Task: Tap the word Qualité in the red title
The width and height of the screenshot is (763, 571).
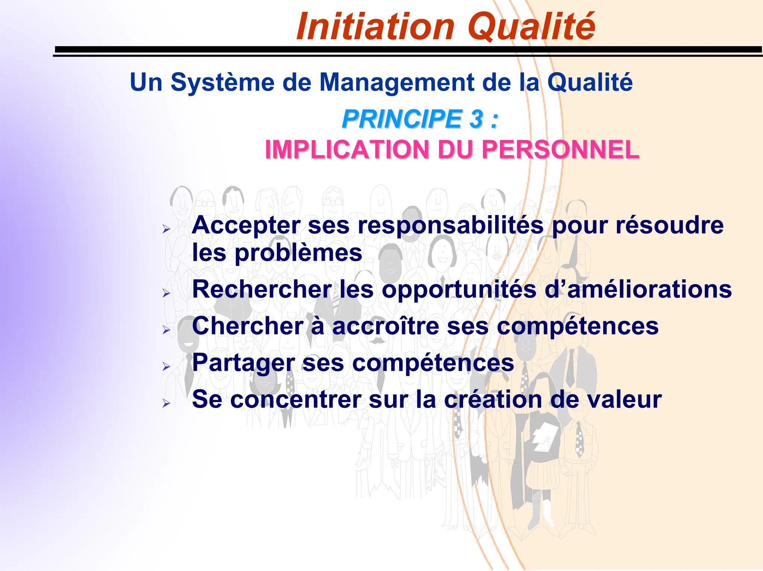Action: tap(531, 27)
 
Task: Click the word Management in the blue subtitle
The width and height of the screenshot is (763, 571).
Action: tap(397, 83)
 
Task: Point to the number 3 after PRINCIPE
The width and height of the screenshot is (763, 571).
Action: tap(476, 119)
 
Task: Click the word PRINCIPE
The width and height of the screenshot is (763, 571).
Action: tap(402, 119)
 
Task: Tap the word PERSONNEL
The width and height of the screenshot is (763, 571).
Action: tap(560, 150)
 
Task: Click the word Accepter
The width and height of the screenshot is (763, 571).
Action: tap(246, 226)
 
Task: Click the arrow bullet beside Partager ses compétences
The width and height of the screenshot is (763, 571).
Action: tap(166, 366)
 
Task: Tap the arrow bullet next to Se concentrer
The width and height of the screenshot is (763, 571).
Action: tap(166, 403)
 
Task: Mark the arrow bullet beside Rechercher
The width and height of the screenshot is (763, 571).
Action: tap(166, 293)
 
